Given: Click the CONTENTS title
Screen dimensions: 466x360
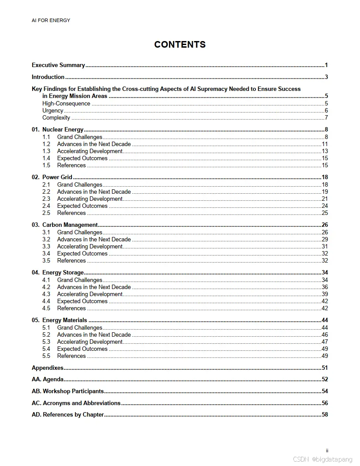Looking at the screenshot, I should point(180,45).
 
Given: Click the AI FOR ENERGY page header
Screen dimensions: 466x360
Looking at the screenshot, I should point(51,20).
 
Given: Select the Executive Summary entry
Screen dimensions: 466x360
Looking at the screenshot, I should point(58,65).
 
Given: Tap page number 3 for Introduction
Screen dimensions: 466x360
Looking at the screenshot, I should point(326,77).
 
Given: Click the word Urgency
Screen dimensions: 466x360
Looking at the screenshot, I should point(52,111).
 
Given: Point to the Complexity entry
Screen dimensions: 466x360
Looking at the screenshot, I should point(56,118).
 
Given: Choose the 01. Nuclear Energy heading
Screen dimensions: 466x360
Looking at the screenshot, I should point(58,130).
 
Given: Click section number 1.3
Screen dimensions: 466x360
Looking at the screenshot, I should point(46,151).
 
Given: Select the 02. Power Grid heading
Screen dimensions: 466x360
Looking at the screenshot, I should point(52,177).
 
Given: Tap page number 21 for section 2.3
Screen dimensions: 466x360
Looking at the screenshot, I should point(325,199).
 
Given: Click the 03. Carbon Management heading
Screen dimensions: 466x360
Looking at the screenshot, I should point(65,225).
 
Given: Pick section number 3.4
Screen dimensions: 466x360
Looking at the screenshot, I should point(46,254).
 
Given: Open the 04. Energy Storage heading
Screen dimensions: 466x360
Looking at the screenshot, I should point(58,273).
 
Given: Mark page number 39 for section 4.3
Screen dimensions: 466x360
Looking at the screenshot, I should point(325,294).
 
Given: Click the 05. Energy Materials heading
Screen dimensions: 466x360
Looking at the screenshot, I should point(60,320).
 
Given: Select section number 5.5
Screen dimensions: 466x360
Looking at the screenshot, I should point(46,356).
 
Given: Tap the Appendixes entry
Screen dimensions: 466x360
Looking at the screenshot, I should point(48,368).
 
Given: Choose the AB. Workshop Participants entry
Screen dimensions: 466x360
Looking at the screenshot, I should point(68,391).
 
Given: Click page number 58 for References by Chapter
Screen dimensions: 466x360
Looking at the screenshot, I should point(325,415).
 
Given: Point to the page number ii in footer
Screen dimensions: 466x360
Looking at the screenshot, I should point(327,451).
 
